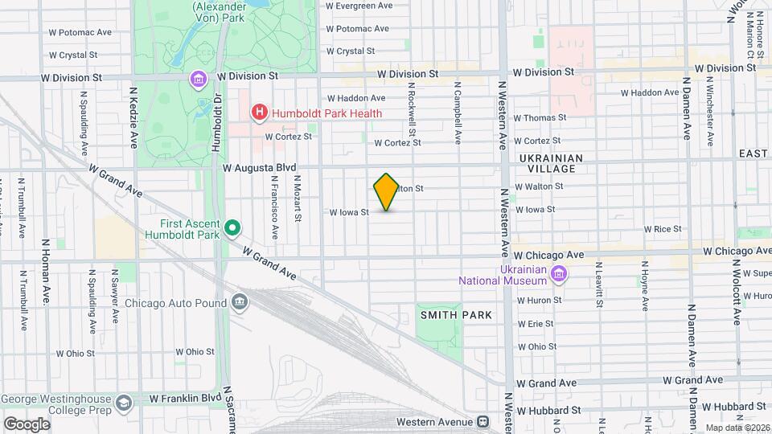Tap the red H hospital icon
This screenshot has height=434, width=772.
pyautogui.click(x=259, y=113)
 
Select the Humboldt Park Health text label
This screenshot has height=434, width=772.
pyautogui.click(x=326, y=113)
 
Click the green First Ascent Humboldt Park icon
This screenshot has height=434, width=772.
pyautogui.click(x=232, y=228)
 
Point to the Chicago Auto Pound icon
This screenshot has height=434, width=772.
pyautogui.click(x=240, y=303)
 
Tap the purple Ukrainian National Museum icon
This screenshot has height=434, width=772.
pyautogui.click(x=558, y=276)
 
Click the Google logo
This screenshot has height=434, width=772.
pyautogui.click(x=27, y=424)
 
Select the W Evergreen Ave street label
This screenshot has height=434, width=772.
pyautogui.click(x=359, y=6)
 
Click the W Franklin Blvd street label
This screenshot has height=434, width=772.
pyautogui.click(x=184, y=398)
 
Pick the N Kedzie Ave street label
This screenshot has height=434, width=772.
pyautogui.click(x=134, y=125)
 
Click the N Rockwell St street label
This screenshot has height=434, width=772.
pyautogui.click(x=411, y=109)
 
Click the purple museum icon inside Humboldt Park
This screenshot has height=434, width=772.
pyautogui.click(x=198, y=79)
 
